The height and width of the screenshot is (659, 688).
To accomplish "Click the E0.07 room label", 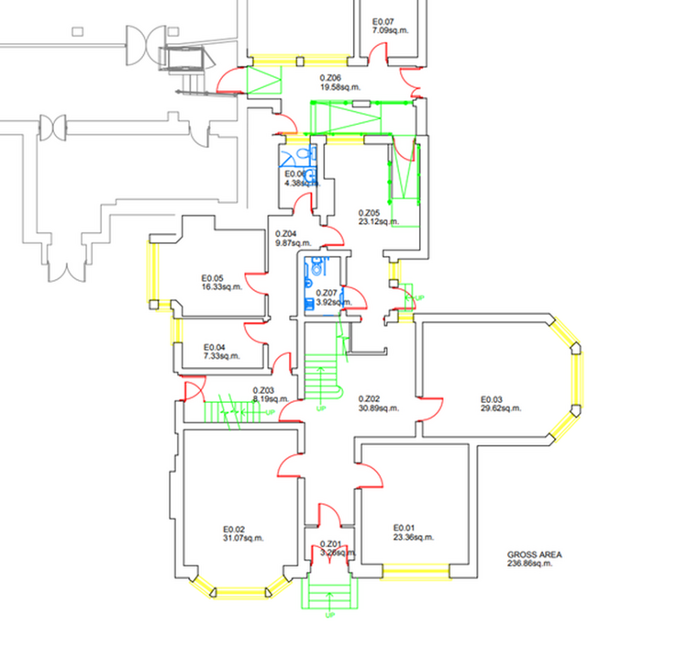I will [383, 21].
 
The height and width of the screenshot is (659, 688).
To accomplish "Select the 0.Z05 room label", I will [368, 211].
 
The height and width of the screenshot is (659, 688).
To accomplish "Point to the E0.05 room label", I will [213, 277].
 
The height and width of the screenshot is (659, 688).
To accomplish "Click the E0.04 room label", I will [214, 346].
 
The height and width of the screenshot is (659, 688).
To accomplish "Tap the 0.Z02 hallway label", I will [369, 398].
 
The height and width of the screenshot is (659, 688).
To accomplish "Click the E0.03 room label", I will [493, 398].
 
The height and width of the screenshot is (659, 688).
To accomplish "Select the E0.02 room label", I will [234, 529].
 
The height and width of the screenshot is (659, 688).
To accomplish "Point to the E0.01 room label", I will [405, 527].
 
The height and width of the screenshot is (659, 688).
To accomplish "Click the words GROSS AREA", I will [535, 554].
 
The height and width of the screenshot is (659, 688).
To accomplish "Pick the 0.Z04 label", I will [287, 233].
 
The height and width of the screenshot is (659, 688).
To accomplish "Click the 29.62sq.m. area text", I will [500, 408].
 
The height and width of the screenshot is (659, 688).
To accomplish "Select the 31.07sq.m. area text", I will [243, 539].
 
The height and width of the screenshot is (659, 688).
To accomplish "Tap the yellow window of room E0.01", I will [416, 575].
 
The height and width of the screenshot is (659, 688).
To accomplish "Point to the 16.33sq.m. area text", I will [222, 287].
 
